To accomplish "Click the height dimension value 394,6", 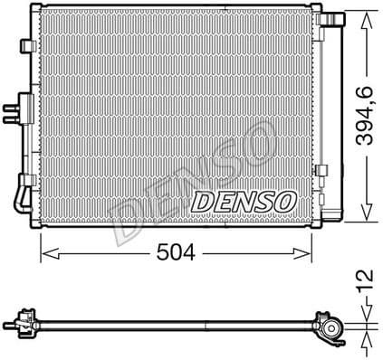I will (366, 118).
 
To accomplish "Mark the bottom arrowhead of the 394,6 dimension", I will (366, 220).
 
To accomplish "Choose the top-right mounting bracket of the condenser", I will (337, 18).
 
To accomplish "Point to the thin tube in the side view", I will (172, 323).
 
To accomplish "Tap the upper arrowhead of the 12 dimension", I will (366, 311).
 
